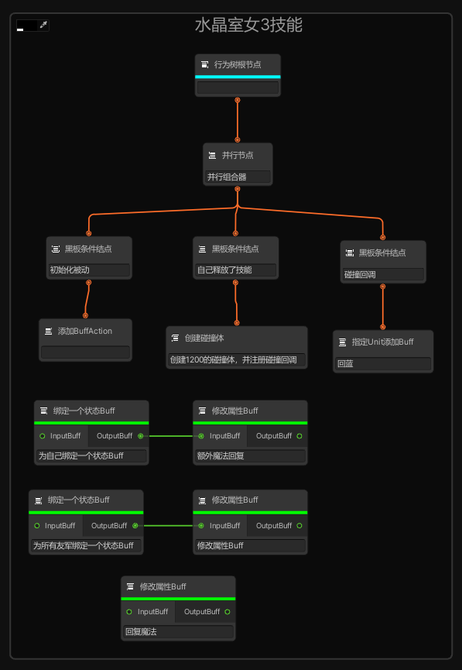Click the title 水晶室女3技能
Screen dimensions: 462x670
(x=248, y=26)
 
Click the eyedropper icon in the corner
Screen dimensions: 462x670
(x=43, y=25)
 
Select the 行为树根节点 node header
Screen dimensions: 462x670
(x=238, y=64)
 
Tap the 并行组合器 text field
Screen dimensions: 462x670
(x=238, y=177)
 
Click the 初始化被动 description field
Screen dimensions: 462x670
(x=89, y=270)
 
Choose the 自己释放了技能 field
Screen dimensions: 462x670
(x=236, y=270)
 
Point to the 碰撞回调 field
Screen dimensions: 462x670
(x=383, y=274)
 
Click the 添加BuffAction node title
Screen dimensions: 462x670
(x=85, y=332)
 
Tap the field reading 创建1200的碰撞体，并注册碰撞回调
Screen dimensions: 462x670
(x=237, y=359)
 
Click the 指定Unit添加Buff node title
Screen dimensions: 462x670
(x=382, y=342)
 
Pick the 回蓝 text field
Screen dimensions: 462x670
(x=383, y=363)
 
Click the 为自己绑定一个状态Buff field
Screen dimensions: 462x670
(x=91, y=456)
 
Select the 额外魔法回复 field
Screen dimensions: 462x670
(x=250, y=456)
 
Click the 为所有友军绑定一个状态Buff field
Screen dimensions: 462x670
(x=86, y=545)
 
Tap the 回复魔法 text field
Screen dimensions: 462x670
(x=178, y=631)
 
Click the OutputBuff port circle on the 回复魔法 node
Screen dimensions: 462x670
(x=228, y=612)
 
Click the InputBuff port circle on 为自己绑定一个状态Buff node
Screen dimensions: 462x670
(x=43, y=436)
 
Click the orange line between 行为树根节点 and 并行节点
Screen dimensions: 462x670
(x=238, y=120)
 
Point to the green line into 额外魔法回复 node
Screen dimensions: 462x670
(x=171, y=436)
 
